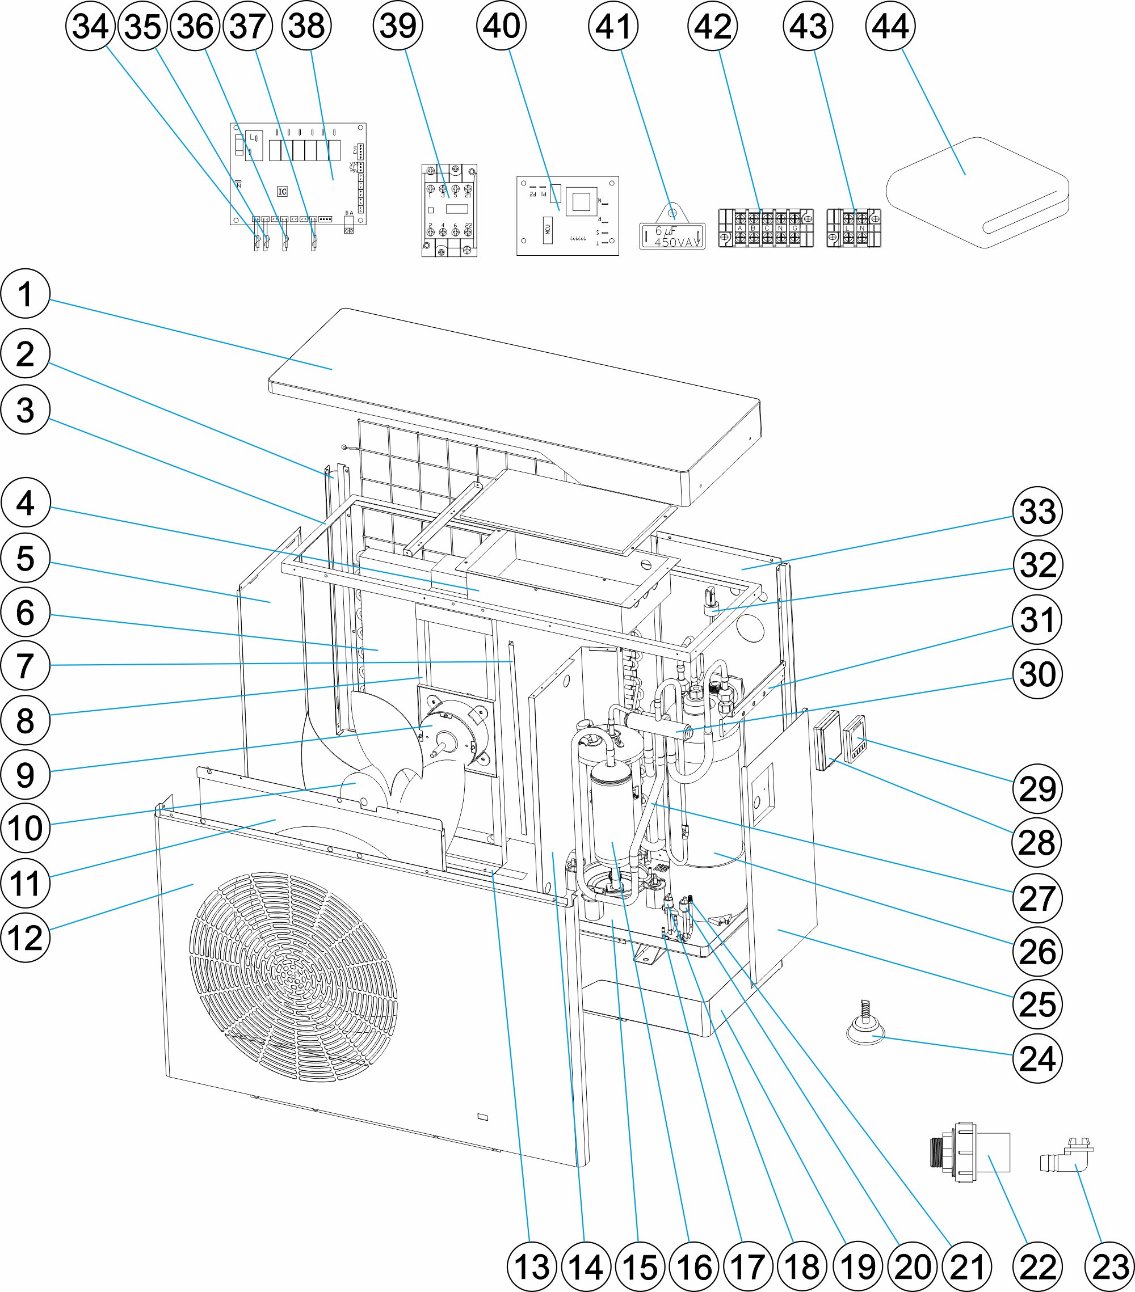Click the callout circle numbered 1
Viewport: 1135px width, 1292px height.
tap(26, 294)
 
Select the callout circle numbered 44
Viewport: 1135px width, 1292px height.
tap(890, 26)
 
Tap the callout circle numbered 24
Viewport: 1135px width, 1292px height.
tap(1037, 1058)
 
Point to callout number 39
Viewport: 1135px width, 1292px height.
tap(398, 26)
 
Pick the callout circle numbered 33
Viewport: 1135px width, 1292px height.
tap(1037, 512)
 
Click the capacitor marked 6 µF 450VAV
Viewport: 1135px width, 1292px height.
tap(672, 234)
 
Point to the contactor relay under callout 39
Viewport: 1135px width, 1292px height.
tap(449, 210)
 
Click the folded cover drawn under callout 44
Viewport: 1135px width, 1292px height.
tap(977, 193)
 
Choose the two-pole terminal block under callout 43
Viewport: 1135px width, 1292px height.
tap(854, 228)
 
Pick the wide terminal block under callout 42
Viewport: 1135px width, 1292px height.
tap(766, 227)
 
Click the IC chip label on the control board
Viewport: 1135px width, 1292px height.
tap(282, 192)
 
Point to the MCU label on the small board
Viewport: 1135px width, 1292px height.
tap(548, 230)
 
